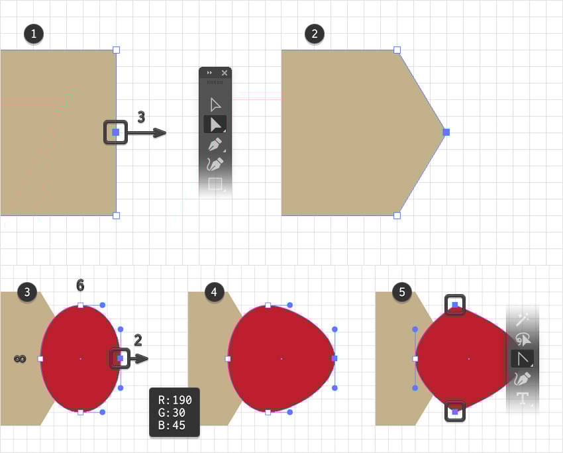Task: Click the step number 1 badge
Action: point(34,34)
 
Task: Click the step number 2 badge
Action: point(315,34)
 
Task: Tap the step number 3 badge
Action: point(27,292)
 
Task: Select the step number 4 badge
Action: point(215,292)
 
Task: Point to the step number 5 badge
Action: point(402,292)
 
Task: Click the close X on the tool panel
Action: point(225,73)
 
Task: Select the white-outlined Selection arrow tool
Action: point(215,105)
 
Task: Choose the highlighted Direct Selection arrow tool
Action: point(215,125)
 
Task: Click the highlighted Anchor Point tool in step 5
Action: point(523,358)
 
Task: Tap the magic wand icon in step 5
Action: point(522,319)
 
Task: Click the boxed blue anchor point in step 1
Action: point(116,132)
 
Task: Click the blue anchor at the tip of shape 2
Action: point(446,132)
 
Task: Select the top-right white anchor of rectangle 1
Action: point(116,50)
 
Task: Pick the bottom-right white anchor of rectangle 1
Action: point(116,215)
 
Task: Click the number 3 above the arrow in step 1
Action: point(142,117)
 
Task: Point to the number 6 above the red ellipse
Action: point(80,285)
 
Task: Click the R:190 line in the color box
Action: point(175,400)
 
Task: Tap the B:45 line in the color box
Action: point(172,425)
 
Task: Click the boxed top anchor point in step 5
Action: point(455,305)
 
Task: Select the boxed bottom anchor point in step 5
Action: point(455,412)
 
